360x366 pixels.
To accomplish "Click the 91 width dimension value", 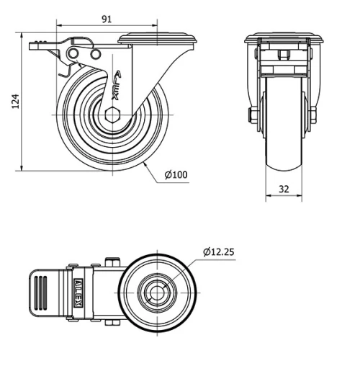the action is coord(107,19).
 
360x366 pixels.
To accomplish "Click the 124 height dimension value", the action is coord(16,101).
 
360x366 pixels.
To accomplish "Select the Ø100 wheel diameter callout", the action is coord(176,174).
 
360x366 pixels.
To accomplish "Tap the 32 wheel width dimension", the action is coord(284,189).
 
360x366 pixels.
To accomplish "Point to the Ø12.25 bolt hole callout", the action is coord(218,252).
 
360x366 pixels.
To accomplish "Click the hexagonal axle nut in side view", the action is coord(112,115).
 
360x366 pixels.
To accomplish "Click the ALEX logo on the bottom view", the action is coord(78,293).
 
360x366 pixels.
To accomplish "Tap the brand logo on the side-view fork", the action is coord(117,85).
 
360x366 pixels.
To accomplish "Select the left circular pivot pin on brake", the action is coord(73,53).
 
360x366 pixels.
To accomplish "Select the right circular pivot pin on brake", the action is coord(96,54).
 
